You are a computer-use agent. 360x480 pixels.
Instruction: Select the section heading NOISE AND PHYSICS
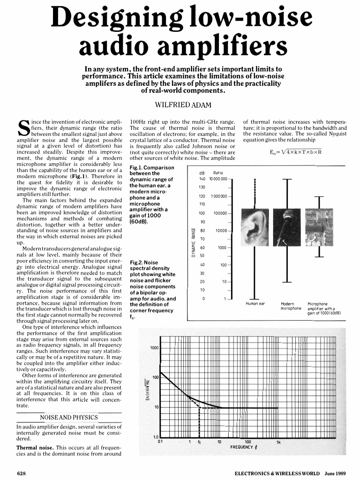click(x=69, y=417)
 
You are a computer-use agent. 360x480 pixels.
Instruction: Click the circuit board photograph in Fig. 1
click(x=319, y=228)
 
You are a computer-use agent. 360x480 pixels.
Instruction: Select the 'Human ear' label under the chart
click(x=255, y=304)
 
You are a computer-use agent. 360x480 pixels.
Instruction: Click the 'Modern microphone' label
click(x=291, y=306)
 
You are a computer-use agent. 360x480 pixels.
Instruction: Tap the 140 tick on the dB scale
click(x=202, y=179)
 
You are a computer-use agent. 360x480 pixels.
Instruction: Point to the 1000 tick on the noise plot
click(x=154, y=348)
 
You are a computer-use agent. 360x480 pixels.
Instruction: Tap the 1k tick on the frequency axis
click(x=278, y=441)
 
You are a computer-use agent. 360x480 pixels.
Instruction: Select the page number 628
click(x=22, y=472)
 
